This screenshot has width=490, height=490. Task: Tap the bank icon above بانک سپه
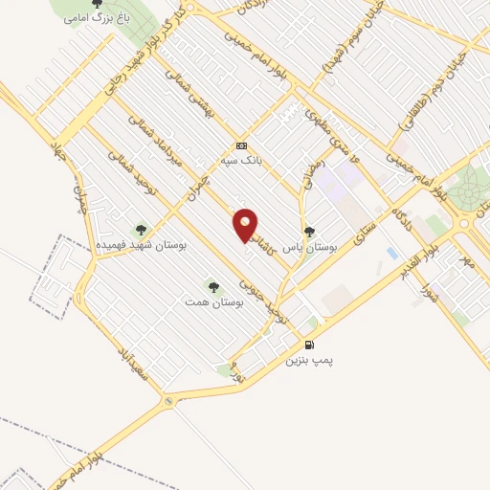(x=242, y=145)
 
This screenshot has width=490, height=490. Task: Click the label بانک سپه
(x=243, y=160)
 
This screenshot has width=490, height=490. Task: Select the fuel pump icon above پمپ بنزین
(x=308, y=345)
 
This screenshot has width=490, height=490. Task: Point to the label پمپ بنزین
(x=309, y=361)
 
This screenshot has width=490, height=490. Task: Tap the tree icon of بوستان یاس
(x=308, y=231)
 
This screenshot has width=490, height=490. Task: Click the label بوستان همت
(x=215, y=301)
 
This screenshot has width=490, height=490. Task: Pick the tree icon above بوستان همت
(x=212, y=284)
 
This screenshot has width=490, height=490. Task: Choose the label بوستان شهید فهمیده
(x=141, y=246)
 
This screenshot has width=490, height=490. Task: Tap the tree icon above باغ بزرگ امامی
(x=95, y=3)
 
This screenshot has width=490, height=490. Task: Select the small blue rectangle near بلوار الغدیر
(x=391, y=253)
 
